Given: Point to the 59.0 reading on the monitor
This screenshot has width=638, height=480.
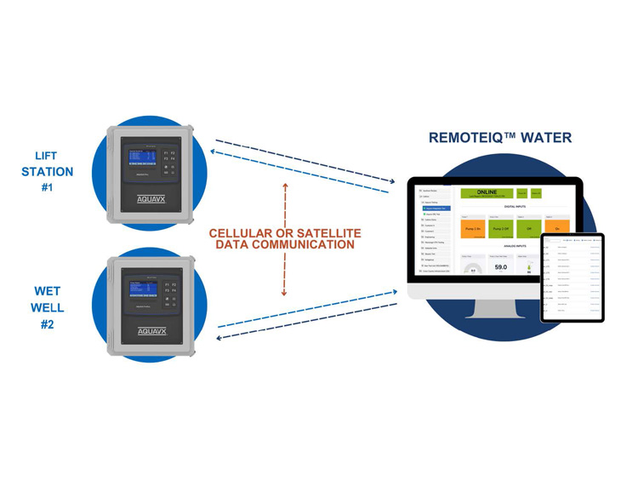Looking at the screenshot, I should [x=500, y=266].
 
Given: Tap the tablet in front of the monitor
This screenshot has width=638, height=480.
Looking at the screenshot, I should [x=572, y=277].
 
